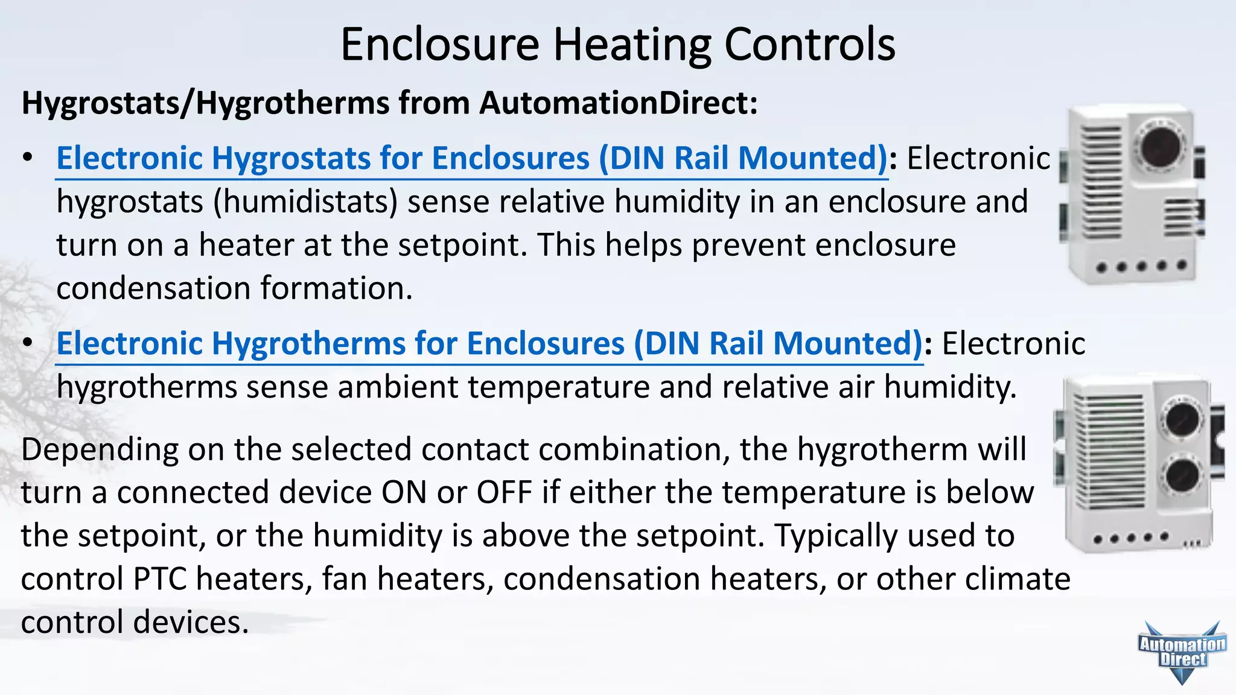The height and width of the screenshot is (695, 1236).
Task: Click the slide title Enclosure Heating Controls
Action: [617, 45]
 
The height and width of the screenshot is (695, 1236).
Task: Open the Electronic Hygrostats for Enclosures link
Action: [471, 159]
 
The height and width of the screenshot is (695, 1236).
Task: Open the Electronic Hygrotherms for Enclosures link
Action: [489, 344]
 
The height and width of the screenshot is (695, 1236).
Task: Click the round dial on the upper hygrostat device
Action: [1160, 147]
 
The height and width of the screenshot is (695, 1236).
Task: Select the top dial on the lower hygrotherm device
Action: [1182, 419]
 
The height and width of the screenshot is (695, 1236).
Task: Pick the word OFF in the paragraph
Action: [504, 492]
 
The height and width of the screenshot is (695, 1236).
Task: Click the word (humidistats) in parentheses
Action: [305, 202]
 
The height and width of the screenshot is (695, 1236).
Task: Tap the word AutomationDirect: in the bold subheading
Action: [618, 103]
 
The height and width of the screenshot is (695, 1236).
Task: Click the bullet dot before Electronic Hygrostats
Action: [27, 158]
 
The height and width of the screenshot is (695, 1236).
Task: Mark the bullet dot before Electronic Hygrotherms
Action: [27, 343]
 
